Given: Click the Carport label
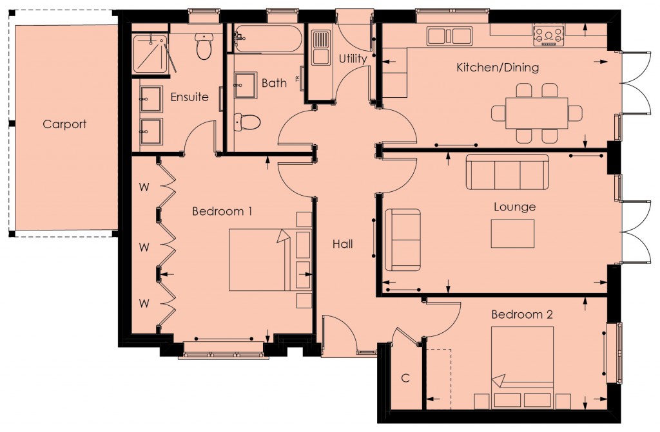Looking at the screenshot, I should [x=64, y=124].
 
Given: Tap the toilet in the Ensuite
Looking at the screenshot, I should [x=204, y=48].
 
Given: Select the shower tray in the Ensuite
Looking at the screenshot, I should [x=151, y=53].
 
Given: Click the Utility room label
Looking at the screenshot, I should [x=353, y=59].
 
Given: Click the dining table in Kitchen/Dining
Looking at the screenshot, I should [x=536, y=113].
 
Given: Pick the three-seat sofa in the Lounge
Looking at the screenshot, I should [x=507, y=172].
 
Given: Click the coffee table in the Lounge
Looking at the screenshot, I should [x=512, y=234].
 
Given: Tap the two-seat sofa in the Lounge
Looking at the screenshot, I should [x=403, y=239].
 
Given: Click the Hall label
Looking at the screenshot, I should [x=343, y=244].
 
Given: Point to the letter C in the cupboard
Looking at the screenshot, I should [x=405, y=378].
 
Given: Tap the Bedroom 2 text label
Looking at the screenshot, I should [x=522, y=315].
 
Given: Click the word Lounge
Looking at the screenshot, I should [x=514, y=207].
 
